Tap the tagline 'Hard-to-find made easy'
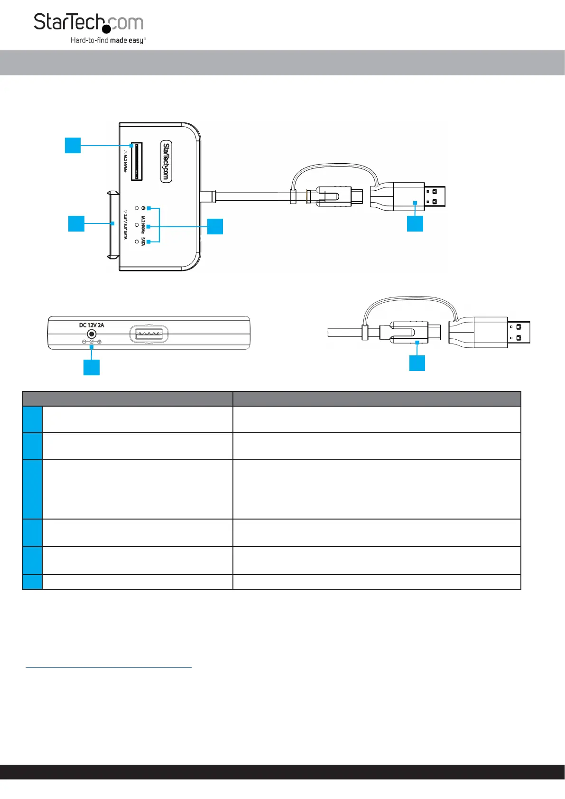108,40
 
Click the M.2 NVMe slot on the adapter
137,161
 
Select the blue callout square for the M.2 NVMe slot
73,145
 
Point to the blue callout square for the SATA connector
76,223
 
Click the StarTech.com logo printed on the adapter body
166,161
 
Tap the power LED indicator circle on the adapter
137,208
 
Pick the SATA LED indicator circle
137,242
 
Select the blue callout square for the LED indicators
215,226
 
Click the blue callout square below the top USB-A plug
415,223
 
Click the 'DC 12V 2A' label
92,325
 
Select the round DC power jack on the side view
92,334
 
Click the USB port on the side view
149,334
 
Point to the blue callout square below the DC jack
92,367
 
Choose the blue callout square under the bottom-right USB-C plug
417,363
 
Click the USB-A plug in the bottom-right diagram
491,332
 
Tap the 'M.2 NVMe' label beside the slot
125,161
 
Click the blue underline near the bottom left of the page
108,667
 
